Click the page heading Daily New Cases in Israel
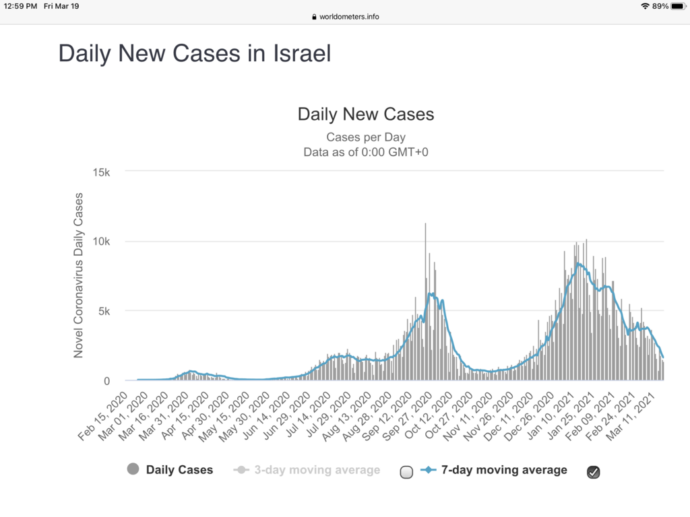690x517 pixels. [195, 53]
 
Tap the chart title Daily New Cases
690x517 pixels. [366, 114]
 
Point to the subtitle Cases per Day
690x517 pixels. [366, 137]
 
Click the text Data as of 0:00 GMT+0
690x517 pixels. [366, 152]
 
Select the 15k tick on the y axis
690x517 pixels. [101, 172]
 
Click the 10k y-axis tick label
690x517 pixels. [101, 242]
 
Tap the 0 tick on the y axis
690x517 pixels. [107, 381]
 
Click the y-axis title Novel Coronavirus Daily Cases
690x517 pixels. [79, 275]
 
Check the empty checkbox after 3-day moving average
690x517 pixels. [406, 473]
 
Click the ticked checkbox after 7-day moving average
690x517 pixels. [593, 473]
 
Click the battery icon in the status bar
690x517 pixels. [677, 6]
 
